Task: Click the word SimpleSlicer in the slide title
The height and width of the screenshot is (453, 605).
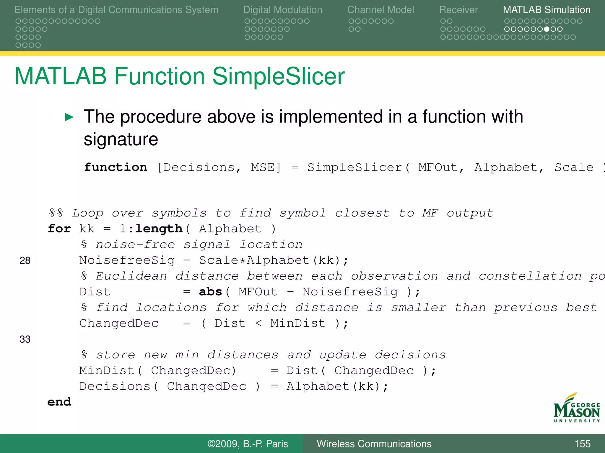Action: coord(278,76)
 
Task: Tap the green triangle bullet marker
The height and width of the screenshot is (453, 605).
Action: coord(69,117)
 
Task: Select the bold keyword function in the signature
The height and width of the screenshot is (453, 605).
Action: coord(116,167)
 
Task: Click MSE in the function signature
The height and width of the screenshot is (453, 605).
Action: coord(266,167)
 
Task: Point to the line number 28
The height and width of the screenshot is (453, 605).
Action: coord(25,260)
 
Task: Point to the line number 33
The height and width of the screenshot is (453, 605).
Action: coord(25,339)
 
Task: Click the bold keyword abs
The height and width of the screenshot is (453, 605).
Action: coord(210,292)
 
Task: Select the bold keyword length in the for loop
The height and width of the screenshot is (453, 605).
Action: coord(159,229)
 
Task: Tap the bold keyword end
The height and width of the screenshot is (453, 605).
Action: coord(59,402)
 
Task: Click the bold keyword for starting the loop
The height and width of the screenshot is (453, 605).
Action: coord(59,229)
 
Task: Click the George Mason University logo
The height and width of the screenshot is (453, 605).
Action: coord(576,408)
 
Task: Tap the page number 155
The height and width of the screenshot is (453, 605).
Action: coord(582,444)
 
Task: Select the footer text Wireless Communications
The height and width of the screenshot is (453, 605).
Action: coord(374,444)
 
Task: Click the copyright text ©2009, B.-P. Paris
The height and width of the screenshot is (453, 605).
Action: coord(248,444)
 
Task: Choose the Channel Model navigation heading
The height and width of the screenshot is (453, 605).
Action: coord(380,10)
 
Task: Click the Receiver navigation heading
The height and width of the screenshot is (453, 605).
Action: coord(458,10)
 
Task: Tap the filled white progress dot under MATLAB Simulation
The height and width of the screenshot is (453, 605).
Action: coord(547,29)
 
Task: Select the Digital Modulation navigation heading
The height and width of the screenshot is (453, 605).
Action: coord(283,10)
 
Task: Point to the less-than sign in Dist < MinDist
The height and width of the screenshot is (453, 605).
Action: coord(258,323)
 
